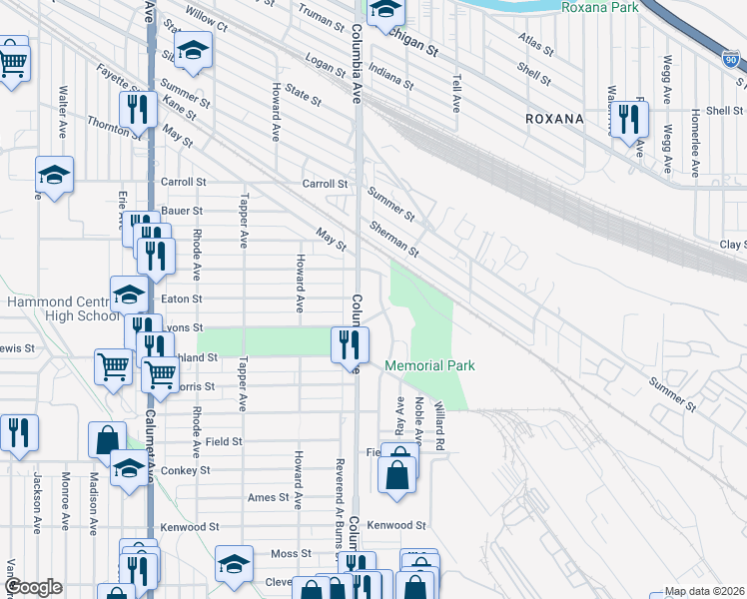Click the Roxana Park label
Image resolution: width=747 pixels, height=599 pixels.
pos(599,7)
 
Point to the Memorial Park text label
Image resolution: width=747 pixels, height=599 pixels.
pos(429,365)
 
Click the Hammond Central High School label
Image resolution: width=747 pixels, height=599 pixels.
pos(62,308)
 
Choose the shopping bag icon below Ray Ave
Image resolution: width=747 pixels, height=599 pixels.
pos(397,473)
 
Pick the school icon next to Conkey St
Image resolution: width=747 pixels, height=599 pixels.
pos(128,467)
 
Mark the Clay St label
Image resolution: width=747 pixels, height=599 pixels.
pos(732,244)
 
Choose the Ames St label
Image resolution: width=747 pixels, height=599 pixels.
pos(268,497)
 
